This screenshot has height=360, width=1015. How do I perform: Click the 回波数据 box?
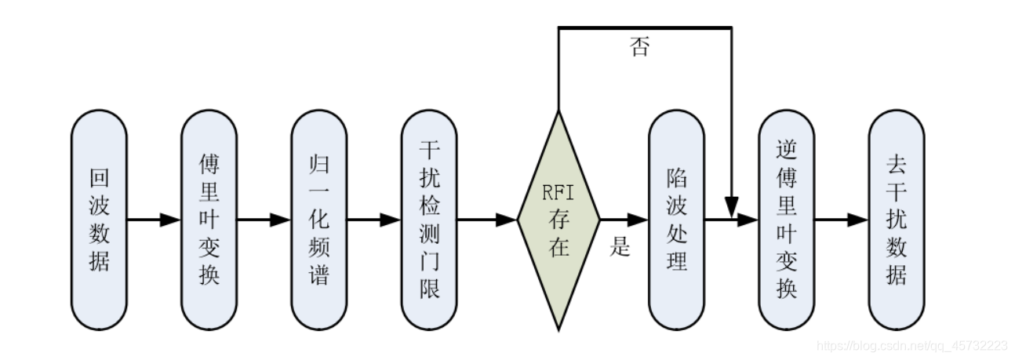[99, 220]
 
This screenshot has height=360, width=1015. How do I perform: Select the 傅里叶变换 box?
[209, 220]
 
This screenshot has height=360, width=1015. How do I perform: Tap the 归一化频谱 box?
[318, 220]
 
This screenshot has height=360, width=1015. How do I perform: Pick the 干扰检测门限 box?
[428, 220]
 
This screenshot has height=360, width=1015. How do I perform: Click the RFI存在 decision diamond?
[558, 220]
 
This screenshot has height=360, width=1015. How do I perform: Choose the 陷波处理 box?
[676, 220]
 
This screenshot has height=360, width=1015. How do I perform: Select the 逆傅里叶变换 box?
[787, 220]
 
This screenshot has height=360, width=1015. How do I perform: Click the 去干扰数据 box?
[896, 220]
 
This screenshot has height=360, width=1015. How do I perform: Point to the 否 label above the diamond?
[639, 47]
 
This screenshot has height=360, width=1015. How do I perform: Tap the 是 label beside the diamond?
[620, 248]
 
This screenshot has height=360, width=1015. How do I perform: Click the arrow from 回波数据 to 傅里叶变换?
[154, 220]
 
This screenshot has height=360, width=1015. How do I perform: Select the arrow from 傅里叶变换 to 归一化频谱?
[264, 220]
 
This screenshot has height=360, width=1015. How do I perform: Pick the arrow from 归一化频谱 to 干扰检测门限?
[373, 220]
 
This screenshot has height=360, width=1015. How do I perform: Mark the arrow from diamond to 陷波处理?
[624, 220]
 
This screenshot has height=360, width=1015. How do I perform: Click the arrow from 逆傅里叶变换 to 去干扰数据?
[841, 220]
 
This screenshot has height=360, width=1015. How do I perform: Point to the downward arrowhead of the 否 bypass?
[732, 209]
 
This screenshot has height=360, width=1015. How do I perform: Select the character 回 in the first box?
[99, 180]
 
